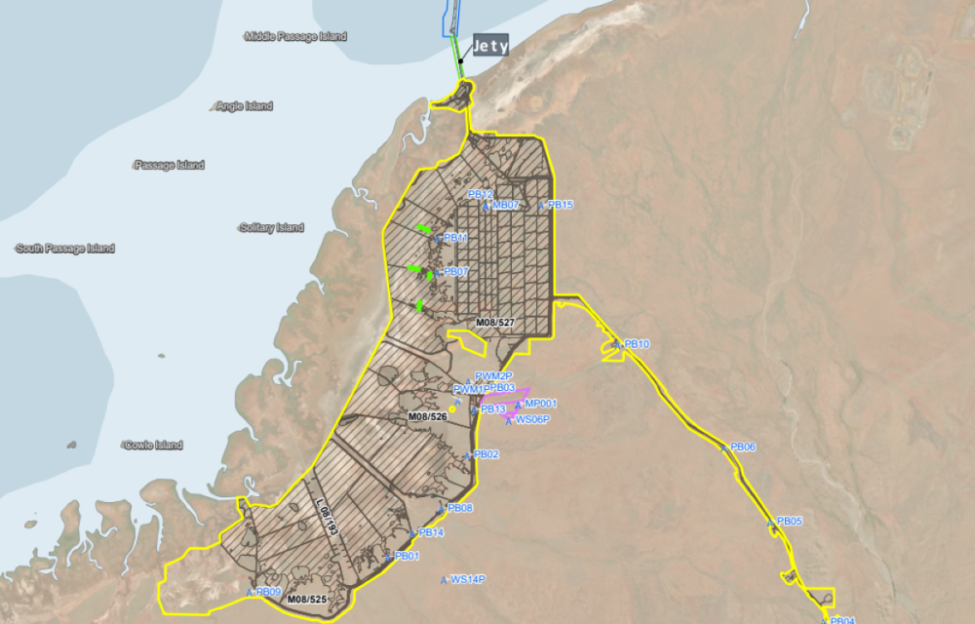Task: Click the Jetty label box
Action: coord(490,46)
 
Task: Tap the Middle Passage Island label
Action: coord(296,36)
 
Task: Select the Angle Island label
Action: coord(245,106)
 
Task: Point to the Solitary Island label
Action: coord(272,228)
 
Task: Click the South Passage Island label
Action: coord(66,249)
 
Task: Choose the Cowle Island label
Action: coord(153,446)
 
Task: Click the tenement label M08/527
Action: coord(495,322)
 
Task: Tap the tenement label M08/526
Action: coord(426,416)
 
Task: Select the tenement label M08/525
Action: coord(307,599)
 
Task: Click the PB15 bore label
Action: coord(561,205)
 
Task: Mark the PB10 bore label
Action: coord(637,344)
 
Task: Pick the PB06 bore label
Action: coord(743,447)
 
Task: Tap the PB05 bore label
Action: coord(789,521)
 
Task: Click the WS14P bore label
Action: coord(468,579)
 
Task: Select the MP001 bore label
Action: coord(540,404)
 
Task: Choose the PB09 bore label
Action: coord(268,592)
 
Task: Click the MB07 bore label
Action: coord(506,205)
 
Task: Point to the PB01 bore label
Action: coord(407,556)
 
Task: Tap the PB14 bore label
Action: coord(431,532)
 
